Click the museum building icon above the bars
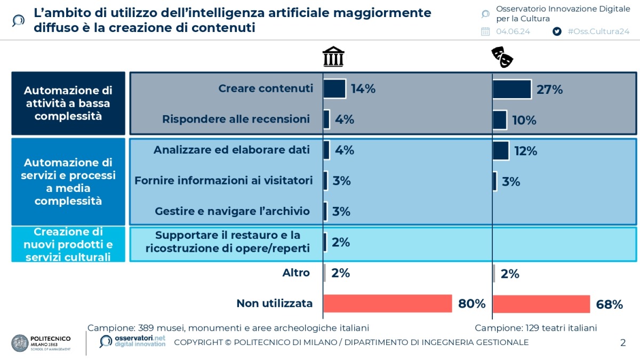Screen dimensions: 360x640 tap(333, 57)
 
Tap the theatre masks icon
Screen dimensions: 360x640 tap(502, 57)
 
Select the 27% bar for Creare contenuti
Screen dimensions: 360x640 tap(512, 89)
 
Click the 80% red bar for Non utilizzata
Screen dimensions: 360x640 tap(388, 303)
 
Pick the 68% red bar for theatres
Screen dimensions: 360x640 tap(541, 304)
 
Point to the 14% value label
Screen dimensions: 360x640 tap(363, 89)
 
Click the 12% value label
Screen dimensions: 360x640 tap(525, 151)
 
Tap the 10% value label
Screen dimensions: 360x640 tap(524, 120)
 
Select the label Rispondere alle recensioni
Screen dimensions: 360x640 tap(236, 119)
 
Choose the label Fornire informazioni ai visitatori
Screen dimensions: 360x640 tap(223, 181)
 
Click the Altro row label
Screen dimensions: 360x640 tap(296, 273)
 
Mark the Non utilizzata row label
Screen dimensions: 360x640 tap(274, 303)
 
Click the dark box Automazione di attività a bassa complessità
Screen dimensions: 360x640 tap(68, 103)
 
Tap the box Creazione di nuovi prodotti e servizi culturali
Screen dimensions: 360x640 tap(68, 244)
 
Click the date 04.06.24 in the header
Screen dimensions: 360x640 tap(513, 31)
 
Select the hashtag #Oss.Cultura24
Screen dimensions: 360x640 tap(598, 31)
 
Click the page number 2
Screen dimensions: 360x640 tap(623, 342)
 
